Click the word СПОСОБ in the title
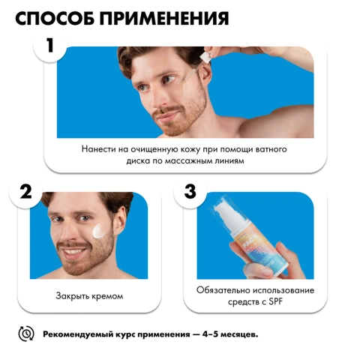point(55,18)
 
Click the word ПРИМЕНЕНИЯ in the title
point(164,18)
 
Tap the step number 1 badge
point(50,46)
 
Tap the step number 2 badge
point(25,191)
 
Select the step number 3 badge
point(190,191)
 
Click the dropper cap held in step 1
point(205,57)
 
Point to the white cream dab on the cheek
point(99,231)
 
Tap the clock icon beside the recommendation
point(26,334)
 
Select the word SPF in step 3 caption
point(275,301)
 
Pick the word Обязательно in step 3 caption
point(223,290)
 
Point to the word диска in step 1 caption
point(137,160)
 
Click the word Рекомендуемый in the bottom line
point(78,334)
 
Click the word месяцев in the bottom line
point(240,334)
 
